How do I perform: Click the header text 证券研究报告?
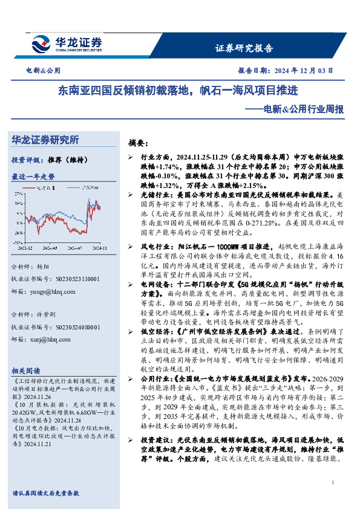tap(244, 48)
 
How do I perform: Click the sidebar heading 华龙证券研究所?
tap(45, 140)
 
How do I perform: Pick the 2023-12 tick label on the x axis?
tap(25, 247)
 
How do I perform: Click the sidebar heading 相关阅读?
tap(26, 370)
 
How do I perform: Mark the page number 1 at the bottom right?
tap(333, 481)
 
